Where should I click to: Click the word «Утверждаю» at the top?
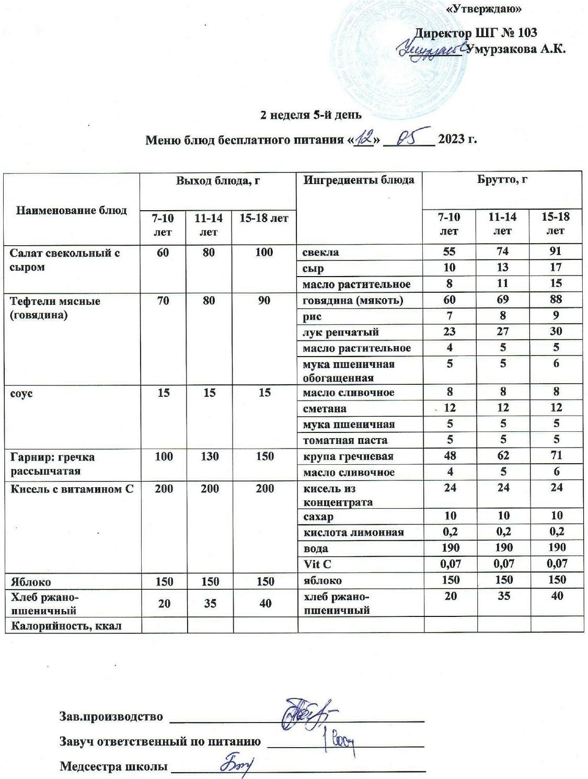(x=485, y=9)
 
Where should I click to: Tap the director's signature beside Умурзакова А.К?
(x=430, y=50)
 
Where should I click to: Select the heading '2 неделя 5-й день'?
(x=312, y=115)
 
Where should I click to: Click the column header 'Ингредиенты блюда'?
(x=359, y=180)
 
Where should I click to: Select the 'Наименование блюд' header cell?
(x=72, y=210)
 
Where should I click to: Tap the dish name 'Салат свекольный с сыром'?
(x=65, y=260)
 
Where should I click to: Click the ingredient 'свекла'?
(x=321, y=253)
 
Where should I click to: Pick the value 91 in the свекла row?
(x=555, y=251)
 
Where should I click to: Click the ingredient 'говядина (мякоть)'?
(x=353, y=301)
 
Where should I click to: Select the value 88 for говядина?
(x=555, y=300)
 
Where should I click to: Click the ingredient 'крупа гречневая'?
(x=348, y=456)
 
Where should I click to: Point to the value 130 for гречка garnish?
(x=209, y=456)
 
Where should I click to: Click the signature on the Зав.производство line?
(x=306, y=714)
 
